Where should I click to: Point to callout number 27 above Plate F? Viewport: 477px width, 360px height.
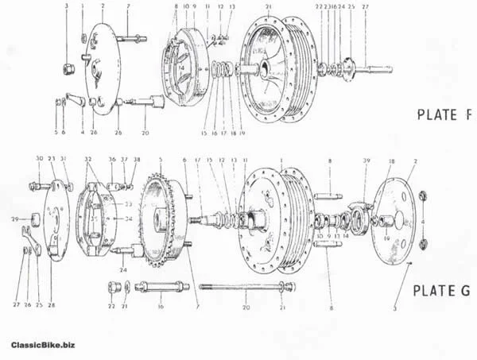366,6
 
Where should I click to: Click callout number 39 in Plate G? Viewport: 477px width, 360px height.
366,163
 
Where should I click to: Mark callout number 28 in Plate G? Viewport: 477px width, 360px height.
52,306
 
